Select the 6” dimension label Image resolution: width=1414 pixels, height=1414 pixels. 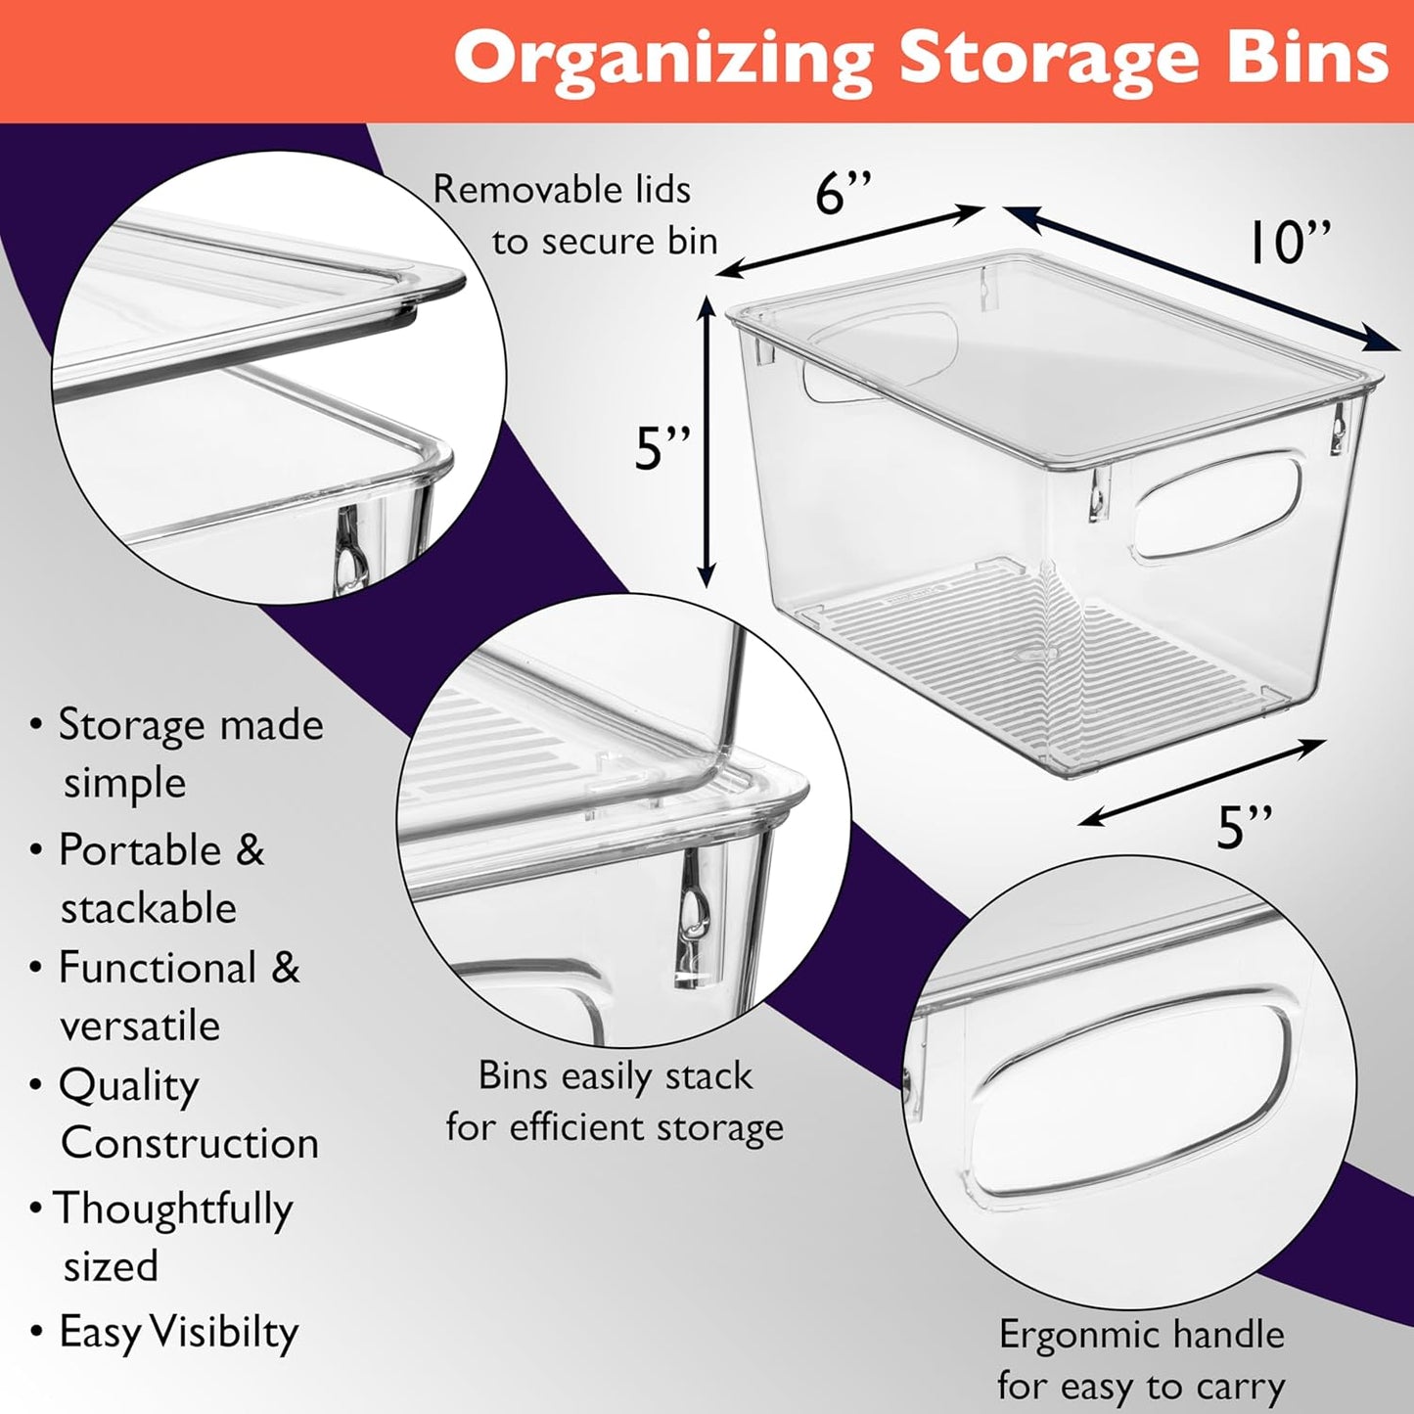844,193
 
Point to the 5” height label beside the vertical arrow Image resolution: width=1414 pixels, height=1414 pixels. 662,448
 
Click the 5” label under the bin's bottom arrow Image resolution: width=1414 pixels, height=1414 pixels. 1244,828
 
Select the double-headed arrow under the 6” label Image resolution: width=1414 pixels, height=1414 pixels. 851,241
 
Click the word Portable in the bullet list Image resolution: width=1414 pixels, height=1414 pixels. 140,850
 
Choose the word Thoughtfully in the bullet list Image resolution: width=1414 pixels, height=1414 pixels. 173,1209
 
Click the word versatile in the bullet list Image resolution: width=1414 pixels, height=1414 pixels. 140,1026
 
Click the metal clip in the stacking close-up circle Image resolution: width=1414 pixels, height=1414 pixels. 692,925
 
